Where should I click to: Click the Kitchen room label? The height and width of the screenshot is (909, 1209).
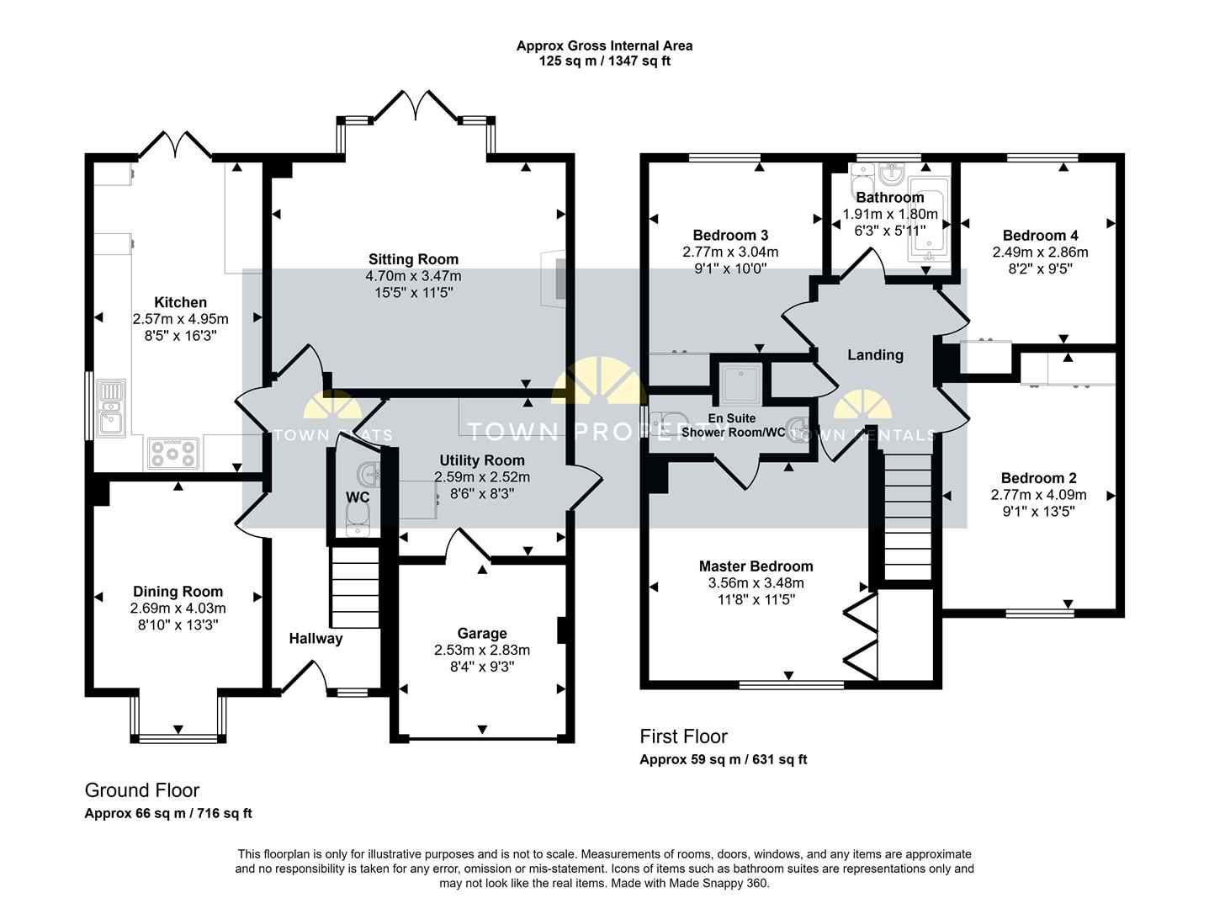[x=180, y=302]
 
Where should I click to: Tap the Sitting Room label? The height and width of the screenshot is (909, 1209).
[x=413, y=259]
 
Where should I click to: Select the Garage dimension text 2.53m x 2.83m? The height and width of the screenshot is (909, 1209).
[x=482, y=650]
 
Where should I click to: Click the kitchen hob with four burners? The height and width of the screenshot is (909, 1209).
[x=172, y=453]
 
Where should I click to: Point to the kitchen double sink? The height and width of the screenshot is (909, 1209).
[x=111, y=408]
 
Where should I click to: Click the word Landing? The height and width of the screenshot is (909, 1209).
[x=875, y=355]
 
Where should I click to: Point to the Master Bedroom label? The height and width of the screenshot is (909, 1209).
[x=756, y=566]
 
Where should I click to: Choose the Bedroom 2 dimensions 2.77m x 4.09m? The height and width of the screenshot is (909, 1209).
[x=1038, y=495]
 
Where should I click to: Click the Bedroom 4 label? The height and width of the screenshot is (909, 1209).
[x=1040, y=236]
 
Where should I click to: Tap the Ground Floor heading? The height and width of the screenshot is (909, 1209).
[x=142, y=790]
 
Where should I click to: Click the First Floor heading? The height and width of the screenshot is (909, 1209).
[x=683, y=736]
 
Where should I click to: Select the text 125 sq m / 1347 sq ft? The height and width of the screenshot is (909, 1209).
[x=604, y=61]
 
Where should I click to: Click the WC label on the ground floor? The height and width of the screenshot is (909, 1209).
[x=358, y=497]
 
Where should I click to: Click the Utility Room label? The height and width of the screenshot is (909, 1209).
[x=482, y=460]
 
